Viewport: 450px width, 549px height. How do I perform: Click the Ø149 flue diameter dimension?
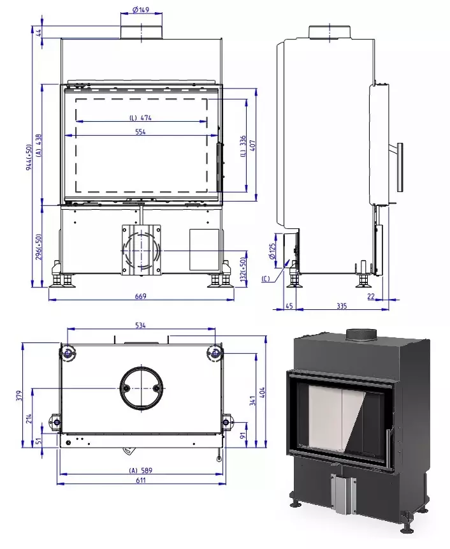140,10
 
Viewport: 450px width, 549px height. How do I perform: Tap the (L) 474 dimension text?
140,118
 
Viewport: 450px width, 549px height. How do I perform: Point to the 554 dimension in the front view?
140,132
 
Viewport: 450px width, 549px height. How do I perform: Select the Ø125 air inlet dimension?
273,251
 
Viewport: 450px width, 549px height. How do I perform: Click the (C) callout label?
266,279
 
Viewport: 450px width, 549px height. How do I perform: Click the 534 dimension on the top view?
140,325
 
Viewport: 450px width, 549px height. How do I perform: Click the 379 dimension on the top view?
20,395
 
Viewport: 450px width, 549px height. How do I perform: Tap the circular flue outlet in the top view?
140,388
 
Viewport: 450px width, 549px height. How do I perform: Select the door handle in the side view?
400,167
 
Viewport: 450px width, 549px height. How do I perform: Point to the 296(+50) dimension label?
39,247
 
